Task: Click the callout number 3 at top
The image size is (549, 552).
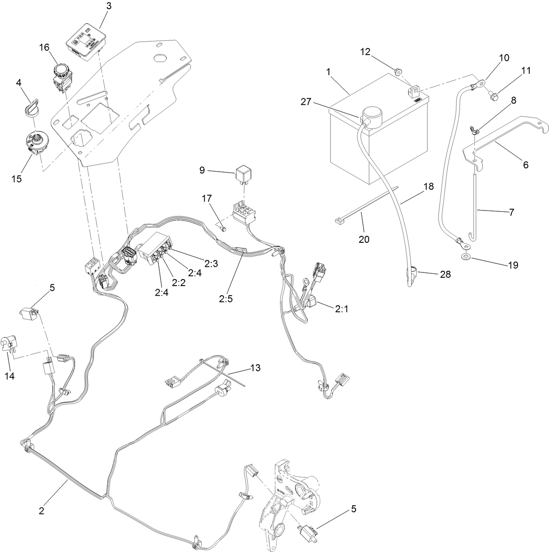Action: point(109,6)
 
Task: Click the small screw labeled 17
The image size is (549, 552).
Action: point(223,228)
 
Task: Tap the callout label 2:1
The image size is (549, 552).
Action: point(342,309)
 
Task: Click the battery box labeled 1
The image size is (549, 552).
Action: point(371,140)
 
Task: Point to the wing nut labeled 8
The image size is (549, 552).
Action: point(474,130)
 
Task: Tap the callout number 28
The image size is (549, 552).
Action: point(446,275)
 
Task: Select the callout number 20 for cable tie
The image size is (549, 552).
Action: point(364,239)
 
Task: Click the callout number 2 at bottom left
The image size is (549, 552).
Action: point(41,510)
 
